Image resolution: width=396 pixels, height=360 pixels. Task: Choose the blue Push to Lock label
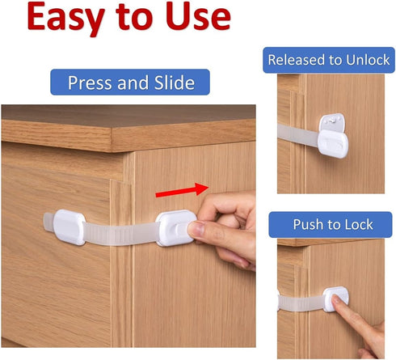point(332,224)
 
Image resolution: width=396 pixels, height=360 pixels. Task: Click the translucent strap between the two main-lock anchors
point(121,235)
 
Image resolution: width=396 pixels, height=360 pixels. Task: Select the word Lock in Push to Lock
point(358,224)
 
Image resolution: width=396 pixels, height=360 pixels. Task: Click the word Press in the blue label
point(90,83)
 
